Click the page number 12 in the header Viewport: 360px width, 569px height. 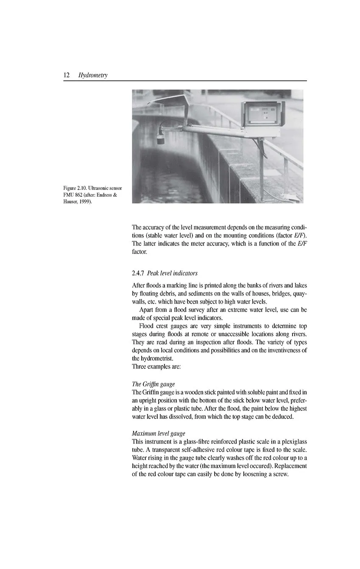click(67, 75)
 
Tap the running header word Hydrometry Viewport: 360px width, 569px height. click(93, 75)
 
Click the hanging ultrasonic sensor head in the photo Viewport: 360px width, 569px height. click(161, 138)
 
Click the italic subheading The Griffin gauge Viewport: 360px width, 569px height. click(153, 384)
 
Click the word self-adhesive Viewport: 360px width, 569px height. click(201, 449)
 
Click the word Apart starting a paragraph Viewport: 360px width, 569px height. click(147, 310)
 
